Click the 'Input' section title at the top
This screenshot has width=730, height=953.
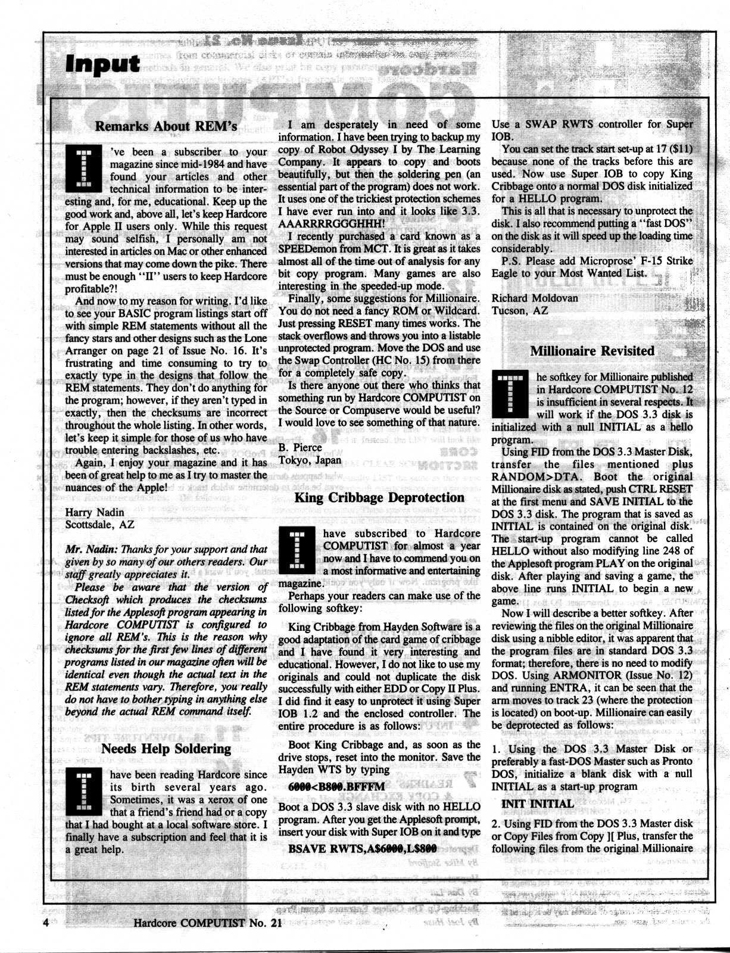pyautogui.click(x=102, y=64)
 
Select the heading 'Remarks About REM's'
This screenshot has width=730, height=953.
pyautogui.click(x=166, y=126)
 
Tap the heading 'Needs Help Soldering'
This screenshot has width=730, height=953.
pyautogui.click(x=166, y=749)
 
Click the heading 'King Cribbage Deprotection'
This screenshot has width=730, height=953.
pyautogui.click(x=379, y=497)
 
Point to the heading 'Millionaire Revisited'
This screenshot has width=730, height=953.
pyautogui.click(x=592, y=351)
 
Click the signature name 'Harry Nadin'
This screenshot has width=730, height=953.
pyautogui.click(x=95, y=512)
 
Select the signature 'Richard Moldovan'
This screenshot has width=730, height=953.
pyautogui.click(x=535, y=298)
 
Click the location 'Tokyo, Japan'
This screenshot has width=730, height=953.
pyautogui.click(x=310, y=460)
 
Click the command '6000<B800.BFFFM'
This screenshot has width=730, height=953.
pyautogui.click(x=336, y=787)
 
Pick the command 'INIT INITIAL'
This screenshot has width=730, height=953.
pyautogui.click(x=538, y=803)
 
